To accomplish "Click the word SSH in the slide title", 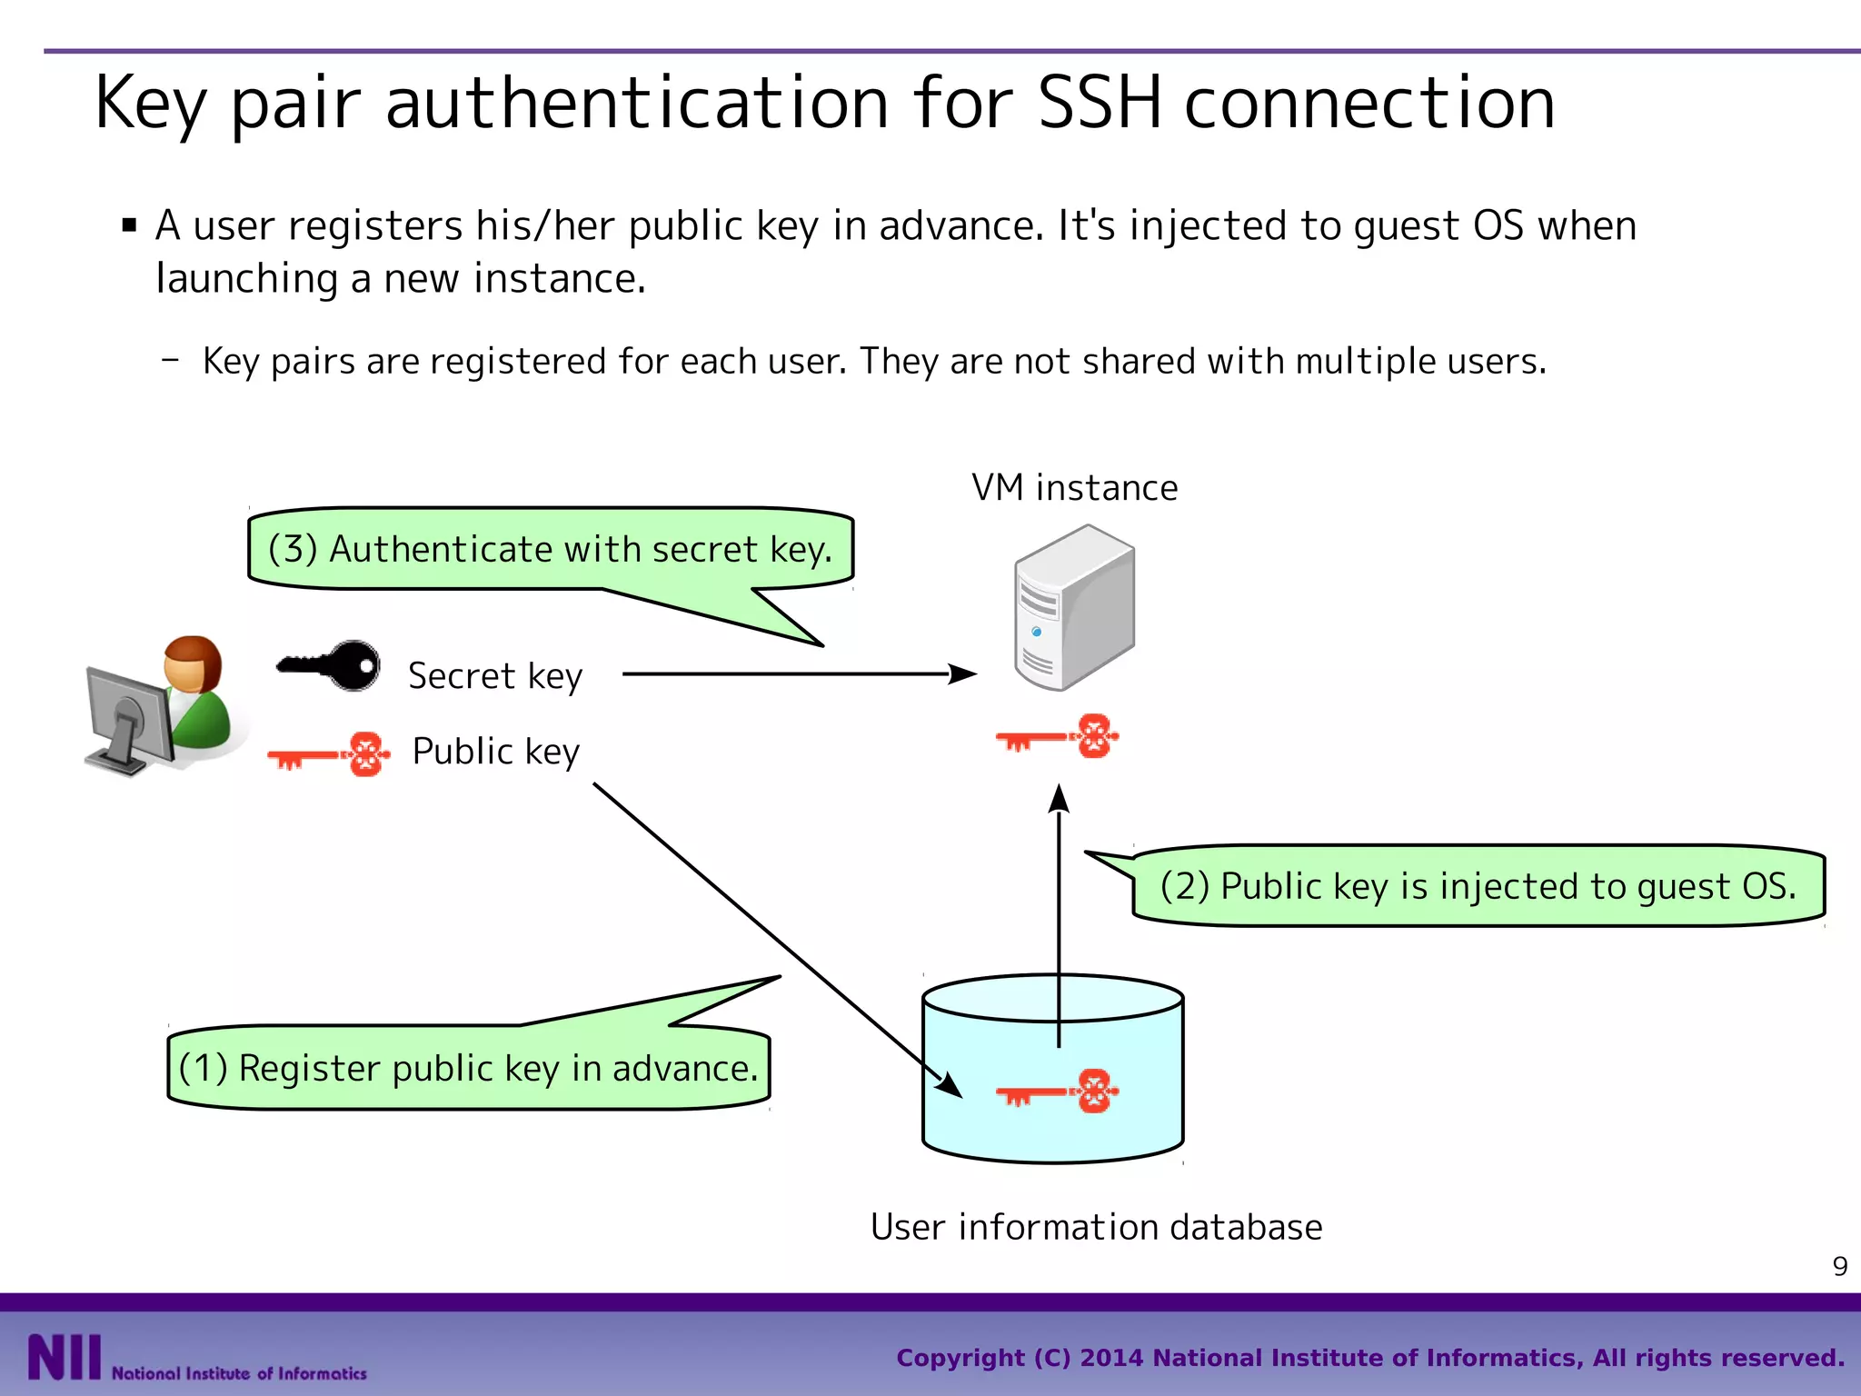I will point(1099,102).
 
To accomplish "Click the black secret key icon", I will point(329,665).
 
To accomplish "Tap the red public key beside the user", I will point(330,753).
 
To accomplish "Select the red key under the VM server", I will point(1057,736).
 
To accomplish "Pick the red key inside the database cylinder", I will point(1057,1091).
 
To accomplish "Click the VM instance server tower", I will point(1074,607).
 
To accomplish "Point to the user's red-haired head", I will point(193,663).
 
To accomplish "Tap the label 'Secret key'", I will point(495,676).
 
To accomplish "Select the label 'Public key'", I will point(495,752).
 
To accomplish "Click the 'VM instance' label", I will point(1074,488).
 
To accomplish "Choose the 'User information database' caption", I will point(1096,1227).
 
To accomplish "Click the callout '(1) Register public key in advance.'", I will point(468,1068).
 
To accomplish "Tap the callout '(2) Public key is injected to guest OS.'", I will point(1478,886).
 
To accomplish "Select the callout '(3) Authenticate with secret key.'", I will point(550,549).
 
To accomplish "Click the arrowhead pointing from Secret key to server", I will point(963,674).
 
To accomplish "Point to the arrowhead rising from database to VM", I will point(1059,798).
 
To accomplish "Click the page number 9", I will point(1839,1266).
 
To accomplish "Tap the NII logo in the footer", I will point(64,1357).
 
